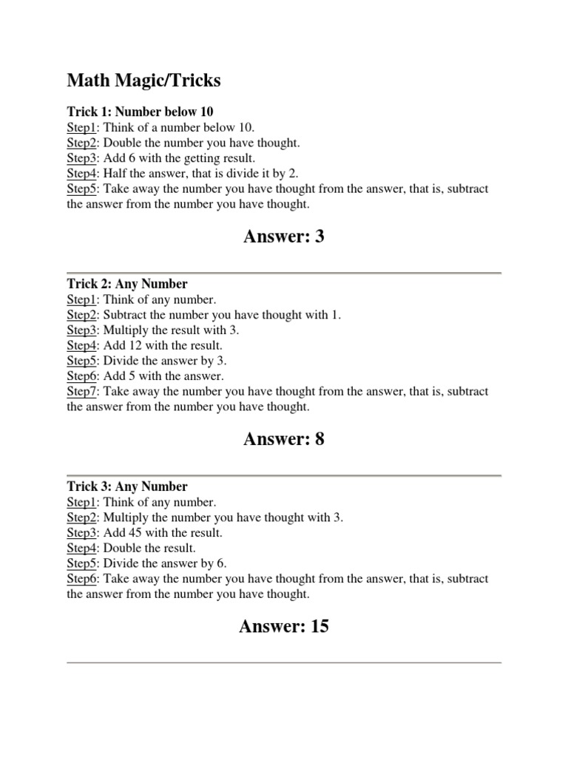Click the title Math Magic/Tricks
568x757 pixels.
[x=143, y=81]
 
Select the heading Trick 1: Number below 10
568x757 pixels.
[x=140, y=112]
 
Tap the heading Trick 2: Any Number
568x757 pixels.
[x=127, y=284]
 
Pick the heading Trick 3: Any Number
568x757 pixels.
[x=127, y=486]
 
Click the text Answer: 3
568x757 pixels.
[x=284, y=237]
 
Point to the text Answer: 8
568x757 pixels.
[x=284, y=439]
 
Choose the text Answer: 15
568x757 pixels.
[x=284, y=627]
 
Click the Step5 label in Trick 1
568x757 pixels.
[x=82, y=189]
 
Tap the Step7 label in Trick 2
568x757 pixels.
[x=82, y=392]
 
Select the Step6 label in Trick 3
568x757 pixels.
[x=82, y=579]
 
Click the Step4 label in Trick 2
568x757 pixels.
[x=82, y=345]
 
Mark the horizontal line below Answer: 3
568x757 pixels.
[x=284, y=273]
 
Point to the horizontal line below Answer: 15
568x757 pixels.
[x=284, y=662]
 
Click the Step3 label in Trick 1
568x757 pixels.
[x=82, y=158]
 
